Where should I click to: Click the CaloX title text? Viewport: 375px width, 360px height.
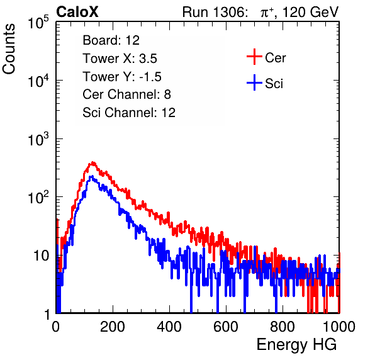[77, 12]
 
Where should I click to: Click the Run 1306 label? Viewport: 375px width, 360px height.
[215, 12]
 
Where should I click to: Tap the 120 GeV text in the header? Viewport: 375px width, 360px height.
[311, 12]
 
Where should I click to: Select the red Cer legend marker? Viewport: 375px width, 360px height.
[254, 57]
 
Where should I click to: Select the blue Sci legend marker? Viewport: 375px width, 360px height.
[254, 82]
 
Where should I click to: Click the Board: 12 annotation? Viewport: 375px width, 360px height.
[111, 40]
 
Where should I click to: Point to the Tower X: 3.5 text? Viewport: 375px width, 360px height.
[120, 59]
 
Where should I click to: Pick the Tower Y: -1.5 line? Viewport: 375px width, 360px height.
[122, 77]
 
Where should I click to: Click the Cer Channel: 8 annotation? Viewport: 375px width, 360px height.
[126, 94]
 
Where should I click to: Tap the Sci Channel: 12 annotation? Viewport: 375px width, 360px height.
[129, 113]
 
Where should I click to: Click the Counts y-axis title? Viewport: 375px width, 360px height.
[9, 49]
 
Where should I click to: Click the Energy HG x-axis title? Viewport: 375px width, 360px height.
[296, 344]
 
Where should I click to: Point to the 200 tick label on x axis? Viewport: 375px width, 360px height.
[113, 327]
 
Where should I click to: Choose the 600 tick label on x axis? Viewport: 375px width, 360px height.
[226, 327]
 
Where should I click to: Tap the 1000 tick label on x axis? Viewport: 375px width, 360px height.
[339, 327]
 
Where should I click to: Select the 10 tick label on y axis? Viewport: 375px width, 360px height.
[41, 256]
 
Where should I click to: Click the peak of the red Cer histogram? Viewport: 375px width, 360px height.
[92, 163]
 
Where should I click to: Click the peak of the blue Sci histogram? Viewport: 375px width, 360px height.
[91, 177]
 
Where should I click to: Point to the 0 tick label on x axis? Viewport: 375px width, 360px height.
[55, 327]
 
